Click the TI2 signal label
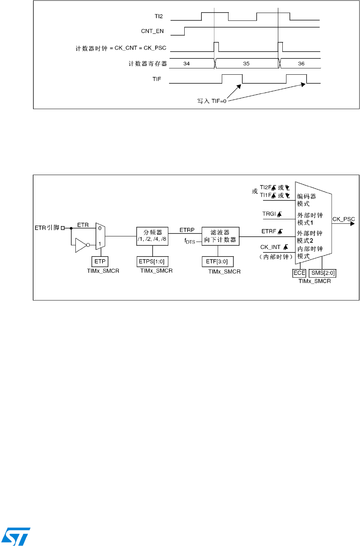tap(159, 16)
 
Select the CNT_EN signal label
tap(152, 31)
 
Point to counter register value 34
tap(187, 64)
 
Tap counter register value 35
tap(246, 64)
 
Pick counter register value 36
tap(301, 64)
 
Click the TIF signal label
tap(157, 79)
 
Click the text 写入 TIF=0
tap(212, 101)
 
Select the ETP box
tap(100, 261)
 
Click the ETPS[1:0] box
tap(152, 261)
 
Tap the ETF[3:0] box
tap(217, 261)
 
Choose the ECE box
tap(299, 273)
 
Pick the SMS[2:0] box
tap(323, 273)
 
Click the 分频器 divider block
tap(152, 236)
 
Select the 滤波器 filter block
tap(220, 236)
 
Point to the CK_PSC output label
tap(344, 219)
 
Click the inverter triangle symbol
tap(81, 245)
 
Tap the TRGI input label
tap(269, 214)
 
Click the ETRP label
tap(187, 230)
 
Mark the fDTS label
tap(190, 241)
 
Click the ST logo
tap(16, 536)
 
